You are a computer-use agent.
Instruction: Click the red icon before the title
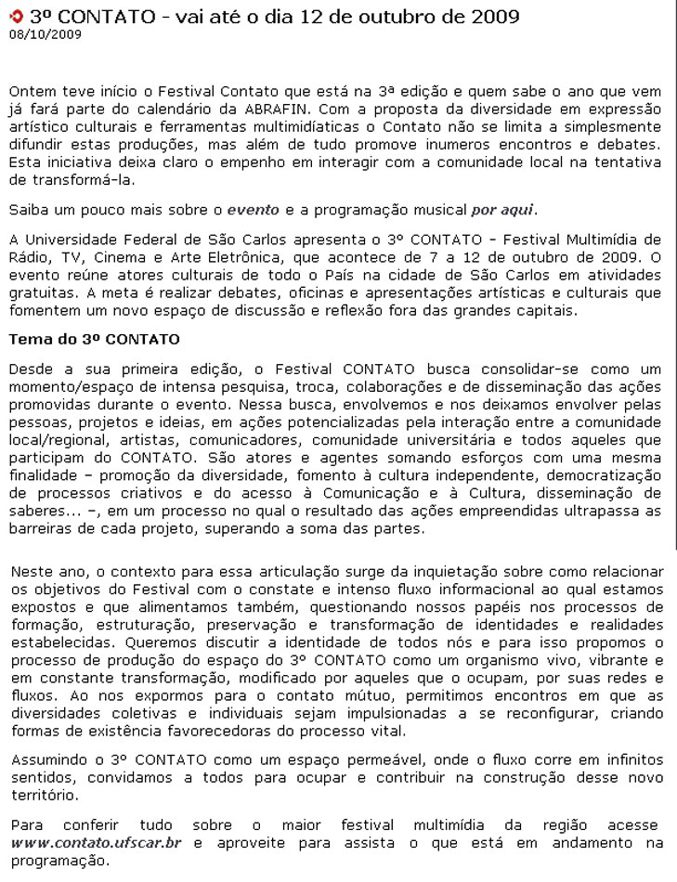(15, 17)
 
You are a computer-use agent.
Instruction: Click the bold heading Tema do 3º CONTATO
(94, 340)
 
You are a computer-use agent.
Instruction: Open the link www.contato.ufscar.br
(96, 843)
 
